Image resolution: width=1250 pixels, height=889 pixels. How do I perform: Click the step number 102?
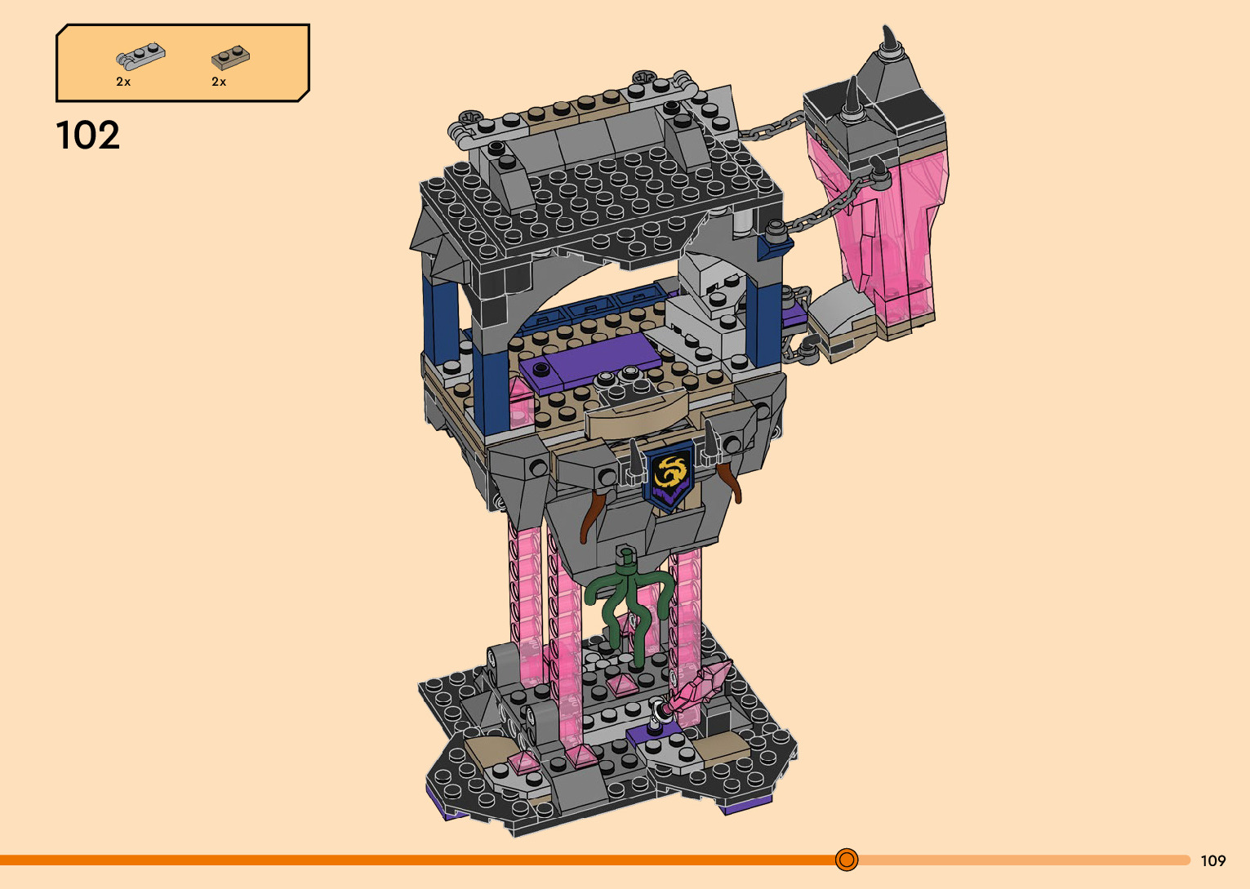[87, 135]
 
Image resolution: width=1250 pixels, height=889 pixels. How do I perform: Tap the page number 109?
[1213, 860]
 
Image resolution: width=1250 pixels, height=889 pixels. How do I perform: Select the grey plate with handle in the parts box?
[140, 56]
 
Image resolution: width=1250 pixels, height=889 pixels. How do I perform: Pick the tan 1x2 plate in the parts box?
[230, 57]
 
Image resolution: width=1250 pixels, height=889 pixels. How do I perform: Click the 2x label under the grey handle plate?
[123, 82]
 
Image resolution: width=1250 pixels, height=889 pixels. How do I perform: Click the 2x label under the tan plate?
[219, 82]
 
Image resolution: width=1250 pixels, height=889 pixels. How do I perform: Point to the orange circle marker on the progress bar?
[847, 860]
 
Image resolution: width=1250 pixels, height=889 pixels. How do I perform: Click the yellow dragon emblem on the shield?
[669, 470]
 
